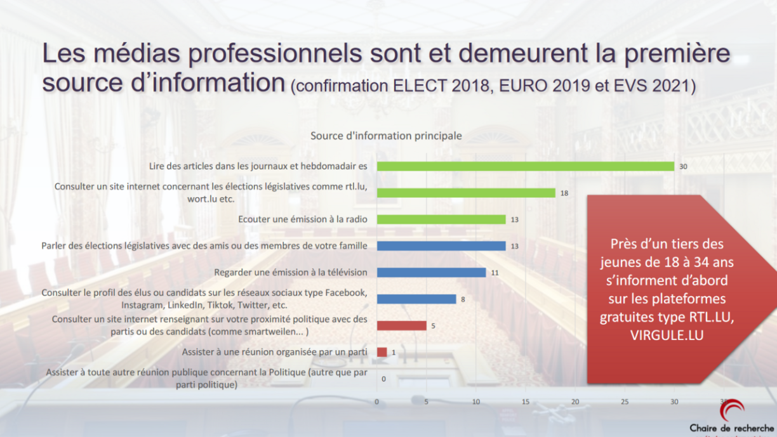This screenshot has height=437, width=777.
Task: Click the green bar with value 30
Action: pos(525,166)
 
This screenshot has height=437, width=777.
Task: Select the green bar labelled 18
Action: pos(466,193)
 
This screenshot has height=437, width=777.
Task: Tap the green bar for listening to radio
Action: pos(441,219)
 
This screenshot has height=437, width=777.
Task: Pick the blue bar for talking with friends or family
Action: pos(441,246)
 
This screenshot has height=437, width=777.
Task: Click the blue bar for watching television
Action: pos(431,273)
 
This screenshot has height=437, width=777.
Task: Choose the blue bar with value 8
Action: pos(416,299)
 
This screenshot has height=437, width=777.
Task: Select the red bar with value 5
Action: pos(401,326)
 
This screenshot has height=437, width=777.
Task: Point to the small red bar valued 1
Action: pos(382,353)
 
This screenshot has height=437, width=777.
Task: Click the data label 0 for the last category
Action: pos(383,379)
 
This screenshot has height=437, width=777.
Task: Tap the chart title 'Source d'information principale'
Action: pos(386,136)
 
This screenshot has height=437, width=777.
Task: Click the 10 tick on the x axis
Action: pos(476,401)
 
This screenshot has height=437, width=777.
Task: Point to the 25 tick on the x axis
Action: pos(625,401)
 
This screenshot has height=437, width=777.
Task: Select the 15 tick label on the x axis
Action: pos(526,401)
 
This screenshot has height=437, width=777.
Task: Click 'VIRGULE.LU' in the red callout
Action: pos(667,336)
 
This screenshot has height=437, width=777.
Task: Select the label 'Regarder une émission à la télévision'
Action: pos(291,273)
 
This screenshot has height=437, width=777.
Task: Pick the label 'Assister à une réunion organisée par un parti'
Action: pos(275,352)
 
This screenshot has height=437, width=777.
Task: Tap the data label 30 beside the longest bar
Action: pos(683,167)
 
